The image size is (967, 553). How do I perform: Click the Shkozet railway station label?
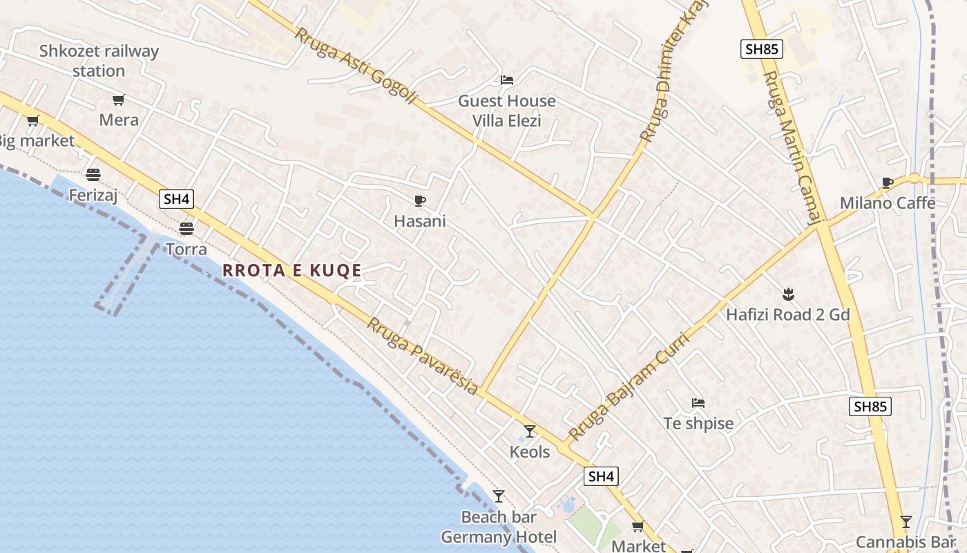point(98,61)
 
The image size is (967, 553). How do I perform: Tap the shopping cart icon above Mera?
point(119,100)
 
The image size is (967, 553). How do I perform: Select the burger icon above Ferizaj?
point(93,174)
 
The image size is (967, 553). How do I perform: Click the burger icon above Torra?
point(186,228)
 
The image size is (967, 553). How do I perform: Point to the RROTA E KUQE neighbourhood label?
point(292,270)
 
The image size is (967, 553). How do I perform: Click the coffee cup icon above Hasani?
point(419,201)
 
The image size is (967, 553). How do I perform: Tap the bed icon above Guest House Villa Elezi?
point(507,80)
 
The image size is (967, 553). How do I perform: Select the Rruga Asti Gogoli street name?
point(356,66)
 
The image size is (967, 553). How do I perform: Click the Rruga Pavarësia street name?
point(422,356)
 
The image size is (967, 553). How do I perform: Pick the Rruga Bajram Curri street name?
point(629,387)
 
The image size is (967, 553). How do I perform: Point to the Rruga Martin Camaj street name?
point(793,148)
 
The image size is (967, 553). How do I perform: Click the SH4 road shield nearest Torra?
point(176,199)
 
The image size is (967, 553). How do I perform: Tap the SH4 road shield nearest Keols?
point(601,476)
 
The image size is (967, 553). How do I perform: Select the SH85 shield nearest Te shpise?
point(870,406)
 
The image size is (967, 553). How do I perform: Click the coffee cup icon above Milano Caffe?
point(888,183)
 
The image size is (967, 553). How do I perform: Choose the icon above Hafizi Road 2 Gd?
point(787,294)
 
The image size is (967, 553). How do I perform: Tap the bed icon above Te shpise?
point(698,403)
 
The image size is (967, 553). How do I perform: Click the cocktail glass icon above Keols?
point(530,431)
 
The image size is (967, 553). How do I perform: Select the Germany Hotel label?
point(499,537)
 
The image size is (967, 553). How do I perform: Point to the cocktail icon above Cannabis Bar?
point(906,522)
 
